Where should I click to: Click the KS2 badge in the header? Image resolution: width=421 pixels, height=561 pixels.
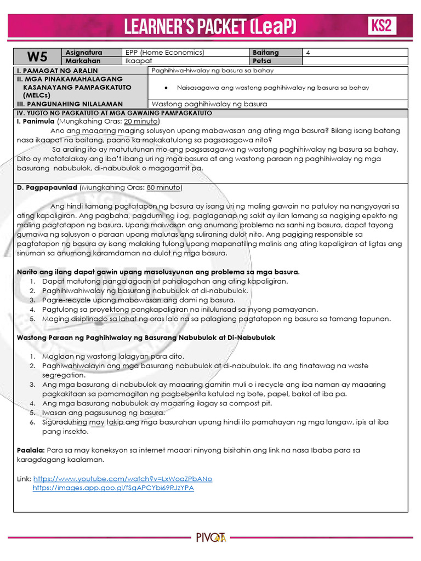click(x=382, y=25)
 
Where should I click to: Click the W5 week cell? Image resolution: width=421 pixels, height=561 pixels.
click(x=38, y=56)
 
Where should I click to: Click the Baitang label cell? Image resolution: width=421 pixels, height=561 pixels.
click(x=266, y=53)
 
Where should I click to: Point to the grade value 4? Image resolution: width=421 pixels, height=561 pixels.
click(x=308, y=53)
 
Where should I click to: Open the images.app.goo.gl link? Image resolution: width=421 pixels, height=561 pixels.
click(x=113, y=488)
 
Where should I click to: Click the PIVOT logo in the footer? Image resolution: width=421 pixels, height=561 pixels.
click(x=210, y=537)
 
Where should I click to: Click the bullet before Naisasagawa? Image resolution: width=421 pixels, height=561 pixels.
click(x=166, y=88)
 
